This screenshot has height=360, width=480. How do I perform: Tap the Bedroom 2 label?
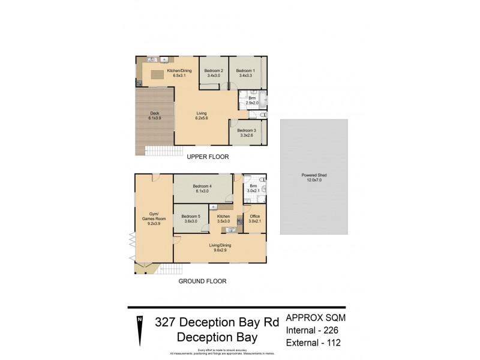coord(214,73)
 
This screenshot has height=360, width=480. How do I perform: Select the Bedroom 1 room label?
coord(245,73)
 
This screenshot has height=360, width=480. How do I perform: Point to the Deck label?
coord(154,115)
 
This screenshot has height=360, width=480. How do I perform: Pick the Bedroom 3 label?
coord(246,132)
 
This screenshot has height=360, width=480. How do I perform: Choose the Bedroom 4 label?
coord(202,188)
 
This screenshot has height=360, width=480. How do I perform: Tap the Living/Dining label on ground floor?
coord(220,247)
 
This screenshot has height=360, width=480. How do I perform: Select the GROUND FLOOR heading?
coord(202,280)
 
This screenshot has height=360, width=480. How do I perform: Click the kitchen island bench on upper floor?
coord(157,75)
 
